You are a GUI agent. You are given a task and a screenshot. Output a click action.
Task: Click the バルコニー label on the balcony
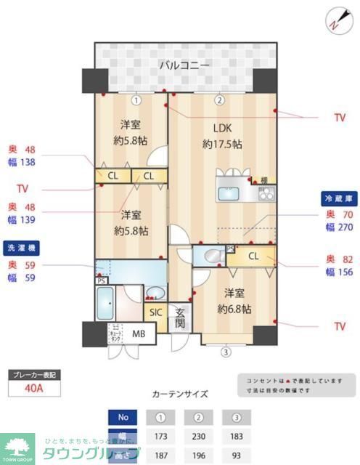coord(184,66)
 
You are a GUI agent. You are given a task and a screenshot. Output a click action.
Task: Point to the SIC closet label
coord(156,312)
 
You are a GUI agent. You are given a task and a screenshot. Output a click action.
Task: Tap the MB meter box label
coord(139,333)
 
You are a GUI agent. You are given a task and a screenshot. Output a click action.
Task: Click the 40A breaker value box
coord(33,388)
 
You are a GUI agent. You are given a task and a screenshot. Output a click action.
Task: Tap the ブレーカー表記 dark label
coord(33,375)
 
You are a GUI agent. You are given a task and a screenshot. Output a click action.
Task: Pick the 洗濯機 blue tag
coord(22,246)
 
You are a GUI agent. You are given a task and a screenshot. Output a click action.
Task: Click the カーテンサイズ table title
coord(179,395)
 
